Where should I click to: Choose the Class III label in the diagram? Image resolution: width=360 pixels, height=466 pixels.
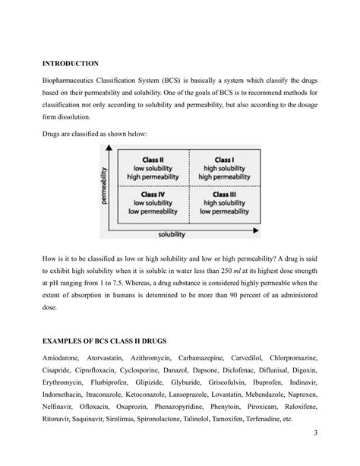[x=223, y=195]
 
